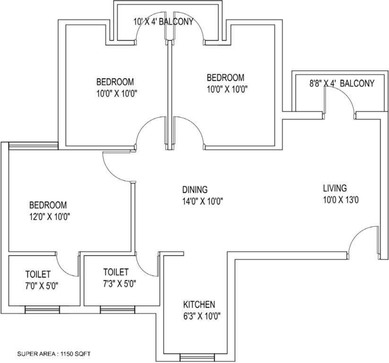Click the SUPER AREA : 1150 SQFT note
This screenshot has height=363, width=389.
[x=54, y=354]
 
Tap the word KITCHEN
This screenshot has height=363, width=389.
[x=199, y=304]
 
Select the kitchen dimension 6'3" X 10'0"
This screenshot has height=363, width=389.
[x=202, y=316]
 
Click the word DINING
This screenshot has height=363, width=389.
[x=195, y=190]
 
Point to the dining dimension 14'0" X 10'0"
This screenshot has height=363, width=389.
[x=203, y=201]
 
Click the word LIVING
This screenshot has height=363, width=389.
[x=335, y=188]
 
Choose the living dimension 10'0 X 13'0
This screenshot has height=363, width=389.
[x=341, y=200]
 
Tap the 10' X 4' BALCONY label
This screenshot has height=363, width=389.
[x=164, y=22]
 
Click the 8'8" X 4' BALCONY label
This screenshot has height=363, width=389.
[x=342, y=83]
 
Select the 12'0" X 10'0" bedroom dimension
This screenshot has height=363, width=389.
[x=50, y=217]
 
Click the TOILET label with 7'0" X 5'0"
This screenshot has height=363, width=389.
[x=38, y=274]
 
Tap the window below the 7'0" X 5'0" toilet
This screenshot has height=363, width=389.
[x=42, y=310]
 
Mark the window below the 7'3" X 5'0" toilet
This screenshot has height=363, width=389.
[x=118, y=310]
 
